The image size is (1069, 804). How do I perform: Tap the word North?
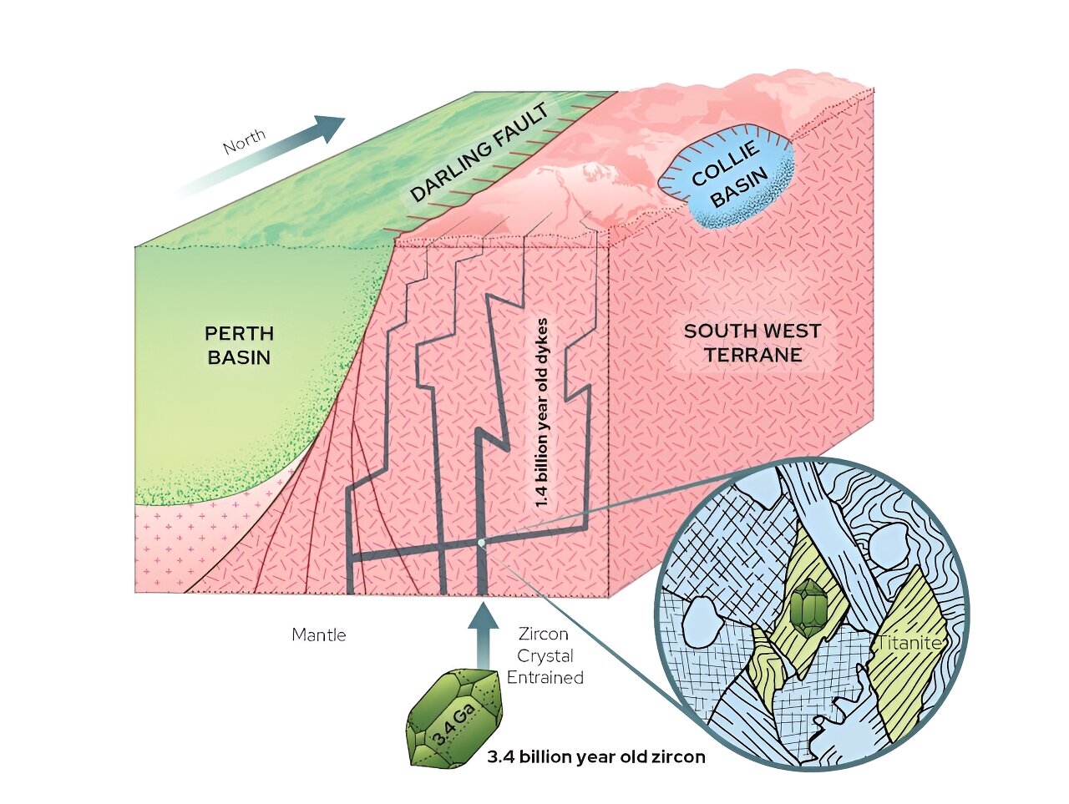(x=245, y=141)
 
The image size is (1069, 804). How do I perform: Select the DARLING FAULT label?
(x=479, y=153)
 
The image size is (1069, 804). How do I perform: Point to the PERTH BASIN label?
(x=239, y=345)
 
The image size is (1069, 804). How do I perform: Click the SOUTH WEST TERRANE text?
(x=752, y=342)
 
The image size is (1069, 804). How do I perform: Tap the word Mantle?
(x=319, y=635)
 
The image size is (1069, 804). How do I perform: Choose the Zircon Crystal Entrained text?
(x=545, y=655)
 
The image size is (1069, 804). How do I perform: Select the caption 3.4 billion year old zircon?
(x=596, y=756)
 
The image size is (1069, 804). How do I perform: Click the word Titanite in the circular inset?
(x=909, y=643)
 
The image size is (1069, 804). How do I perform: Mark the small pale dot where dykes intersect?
(x=481, y=543)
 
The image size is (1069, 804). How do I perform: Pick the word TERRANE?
(x=753, y=354)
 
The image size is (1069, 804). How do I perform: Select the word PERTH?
(x=239, y=333)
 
